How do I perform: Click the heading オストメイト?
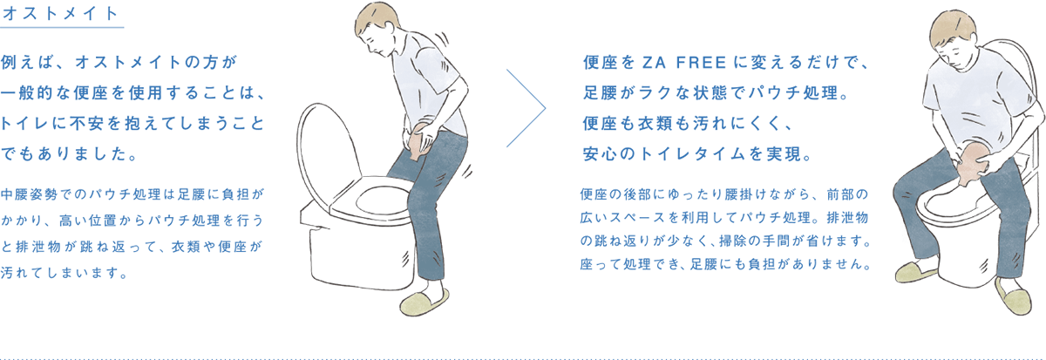coord(61,14)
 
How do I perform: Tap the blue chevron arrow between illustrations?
coord(528,110)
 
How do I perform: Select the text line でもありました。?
coord(69,156)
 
